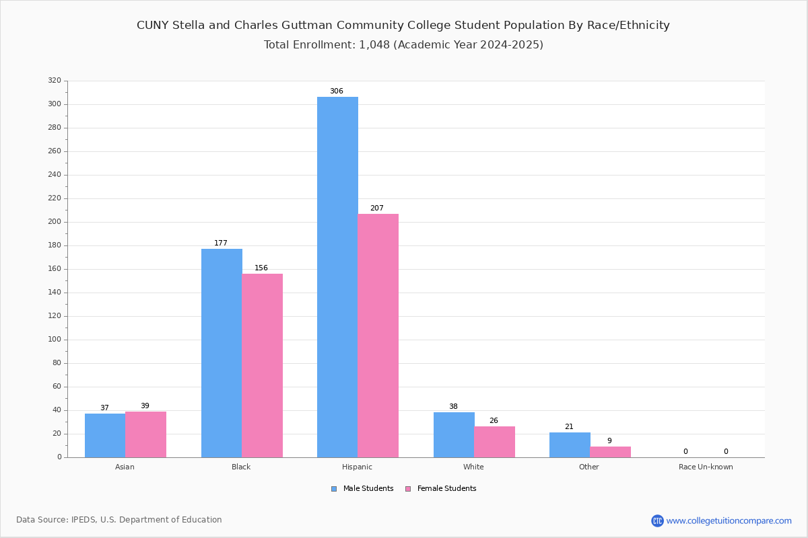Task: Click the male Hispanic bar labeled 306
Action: [337, 277]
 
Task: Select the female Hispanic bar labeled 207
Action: [378, 336]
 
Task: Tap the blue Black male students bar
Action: [222, 353]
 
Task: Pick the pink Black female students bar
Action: [262, 365]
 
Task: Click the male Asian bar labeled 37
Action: [105, 435]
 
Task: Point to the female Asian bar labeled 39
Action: [145, 434]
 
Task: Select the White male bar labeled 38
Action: [454, 434]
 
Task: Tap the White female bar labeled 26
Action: [494, 442]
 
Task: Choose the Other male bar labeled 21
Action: [570, 445]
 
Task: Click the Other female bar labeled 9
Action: [610, 452]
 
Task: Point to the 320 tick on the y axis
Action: [55, 81]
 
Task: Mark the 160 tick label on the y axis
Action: [55, 269]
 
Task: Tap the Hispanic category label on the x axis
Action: [357, 467]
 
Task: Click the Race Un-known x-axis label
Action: [706, 467]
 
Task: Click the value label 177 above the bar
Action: [221, 243]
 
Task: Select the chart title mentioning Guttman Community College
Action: [403, 26]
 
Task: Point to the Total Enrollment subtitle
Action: [403, 45]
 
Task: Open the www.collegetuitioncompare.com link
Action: [729, 521]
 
